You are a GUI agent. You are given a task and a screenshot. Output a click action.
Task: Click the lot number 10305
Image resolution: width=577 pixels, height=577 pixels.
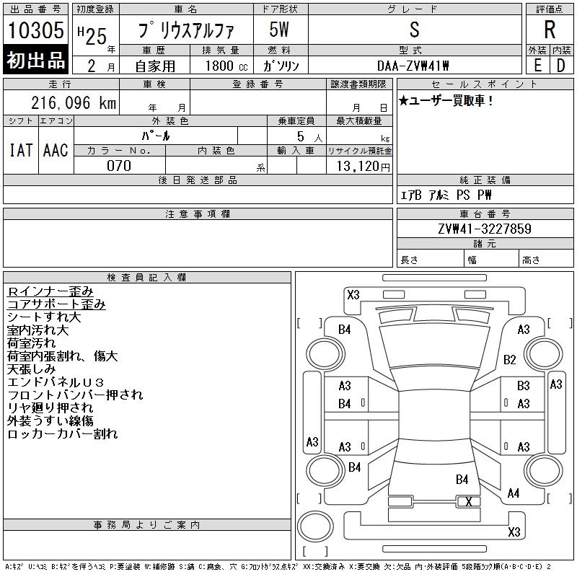[35, 30]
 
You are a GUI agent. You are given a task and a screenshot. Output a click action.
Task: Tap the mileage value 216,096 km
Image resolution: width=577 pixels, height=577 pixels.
[74, 103]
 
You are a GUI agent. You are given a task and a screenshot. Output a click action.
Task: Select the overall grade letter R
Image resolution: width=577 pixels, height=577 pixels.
[550, 30]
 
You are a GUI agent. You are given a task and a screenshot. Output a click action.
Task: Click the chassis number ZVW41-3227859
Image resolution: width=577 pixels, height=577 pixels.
[485, 229]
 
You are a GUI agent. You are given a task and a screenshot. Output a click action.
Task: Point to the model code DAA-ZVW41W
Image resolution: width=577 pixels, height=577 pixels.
[413, 66]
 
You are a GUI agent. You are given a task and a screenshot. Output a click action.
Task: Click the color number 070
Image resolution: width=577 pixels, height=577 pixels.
[119, 166]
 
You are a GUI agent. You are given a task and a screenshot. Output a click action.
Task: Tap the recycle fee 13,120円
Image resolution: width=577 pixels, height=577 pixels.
[363, 167]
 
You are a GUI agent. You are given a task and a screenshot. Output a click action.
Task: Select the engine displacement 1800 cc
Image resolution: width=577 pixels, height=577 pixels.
[226, 66]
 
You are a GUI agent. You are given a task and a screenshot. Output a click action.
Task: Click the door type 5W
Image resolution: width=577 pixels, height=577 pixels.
[279, 30]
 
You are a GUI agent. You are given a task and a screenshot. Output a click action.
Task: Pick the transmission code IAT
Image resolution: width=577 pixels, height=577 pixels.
[21, 150]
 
